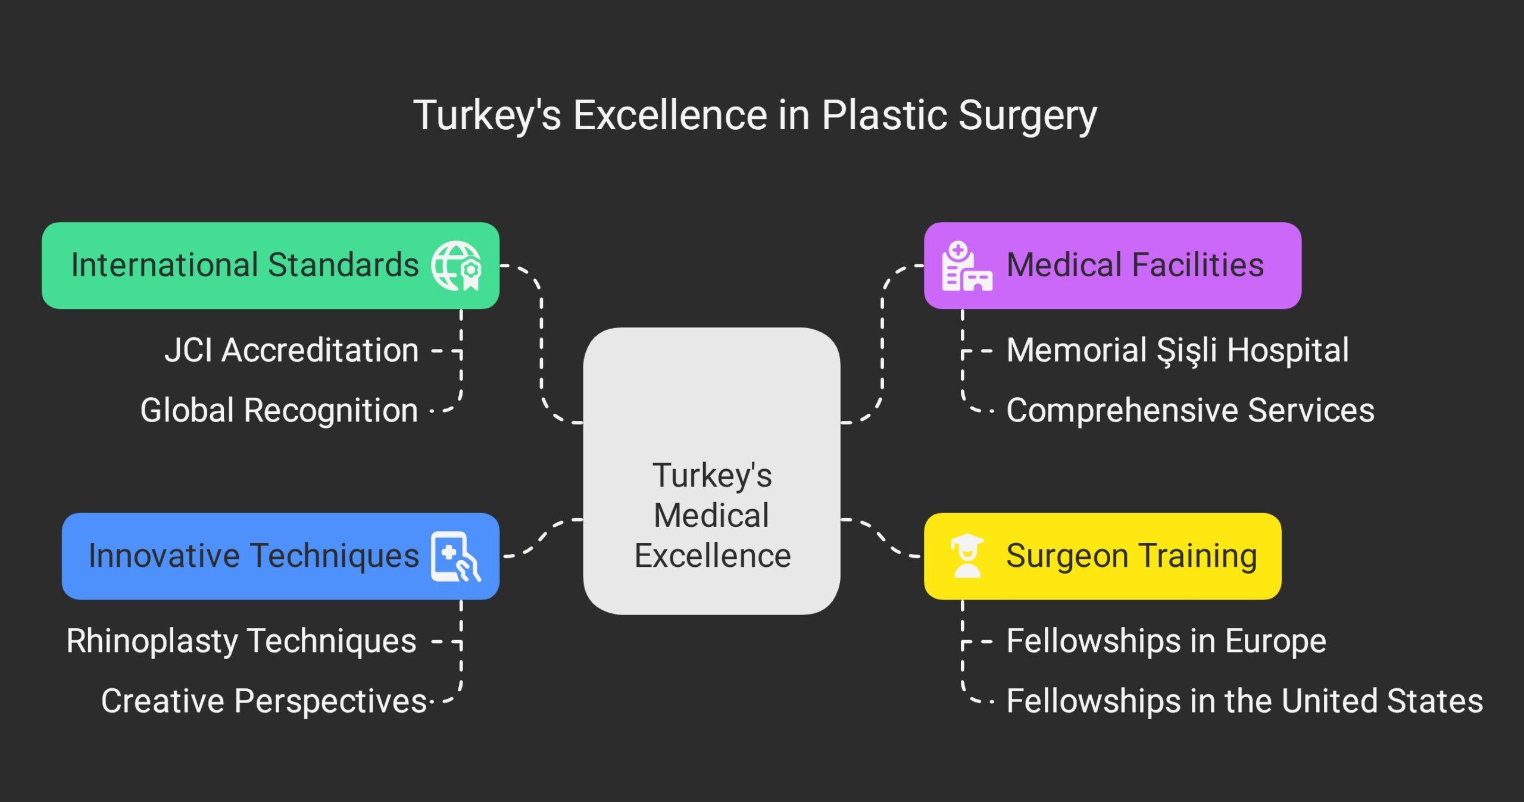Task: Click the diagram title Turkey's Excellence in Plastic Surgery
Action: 755,115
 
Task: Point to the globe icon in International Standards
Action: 456,266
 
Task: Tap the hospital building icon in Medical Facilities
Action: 966,266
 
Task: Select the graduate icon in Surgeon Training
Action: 967,556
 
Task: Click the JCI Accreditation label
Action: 291,350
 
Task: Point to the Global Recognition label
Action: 279,410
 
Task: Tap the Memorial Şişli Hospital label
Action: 1178,350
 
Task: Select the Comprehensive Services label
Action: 1190,410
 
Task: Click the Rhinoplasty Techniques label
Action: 241,641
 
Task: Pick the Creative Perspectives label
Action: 264,701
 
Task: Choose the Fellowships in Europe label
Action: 1166,641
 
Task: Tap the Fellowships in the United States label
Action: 1244,701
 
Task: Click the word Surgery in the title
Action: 1028,115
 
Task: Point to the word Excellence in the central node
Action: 712,556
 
